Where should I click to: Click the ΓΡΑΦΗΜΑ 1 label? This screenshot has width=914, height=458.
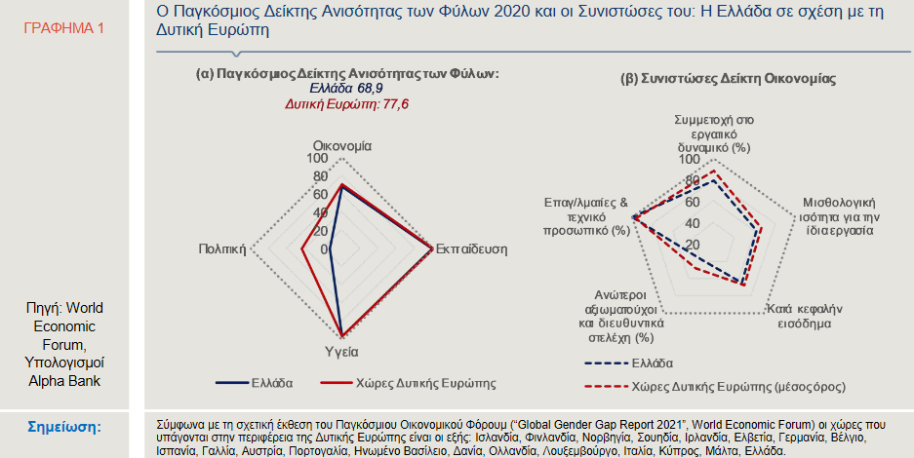click(62, 28)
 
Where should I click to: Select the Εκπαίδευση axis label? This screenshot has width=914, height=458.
click(471, 248)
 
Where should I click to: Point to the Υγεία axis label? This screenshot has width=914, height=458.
click(341, 349)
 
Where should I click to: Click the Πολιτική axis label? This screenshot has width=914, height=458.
click(220, 248)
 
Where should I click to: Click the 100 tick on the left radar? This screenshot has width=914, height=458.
click(317, 159)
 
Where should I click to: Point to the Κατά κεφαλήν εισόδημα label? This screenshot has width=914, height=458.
click(804, 315)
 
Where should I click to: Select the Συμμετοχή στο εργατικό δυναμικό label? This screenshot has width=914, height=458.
click(712, 133)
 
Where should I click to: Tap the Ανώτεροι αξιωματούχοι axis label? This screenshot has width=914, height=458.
click(621, 316)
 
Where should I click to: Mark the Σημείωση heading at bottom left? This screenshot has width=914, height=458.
click(63, 427)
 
